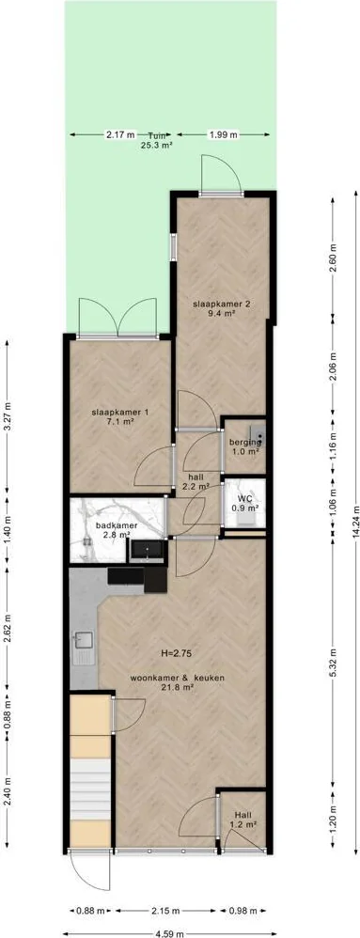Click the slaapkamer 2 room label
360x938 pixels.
[221, 307]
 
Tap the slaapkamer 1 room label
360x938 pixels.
[119, 416]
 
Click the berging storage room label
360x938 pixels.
[245, 446]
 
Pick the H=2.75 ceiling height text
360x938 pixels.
[175, 652]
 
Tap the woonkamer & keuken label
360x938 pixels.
[180, 682]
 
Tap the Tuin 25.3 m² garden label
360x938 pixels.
[156, 139]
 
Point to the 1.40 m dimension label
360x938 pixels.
[8, 532]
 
